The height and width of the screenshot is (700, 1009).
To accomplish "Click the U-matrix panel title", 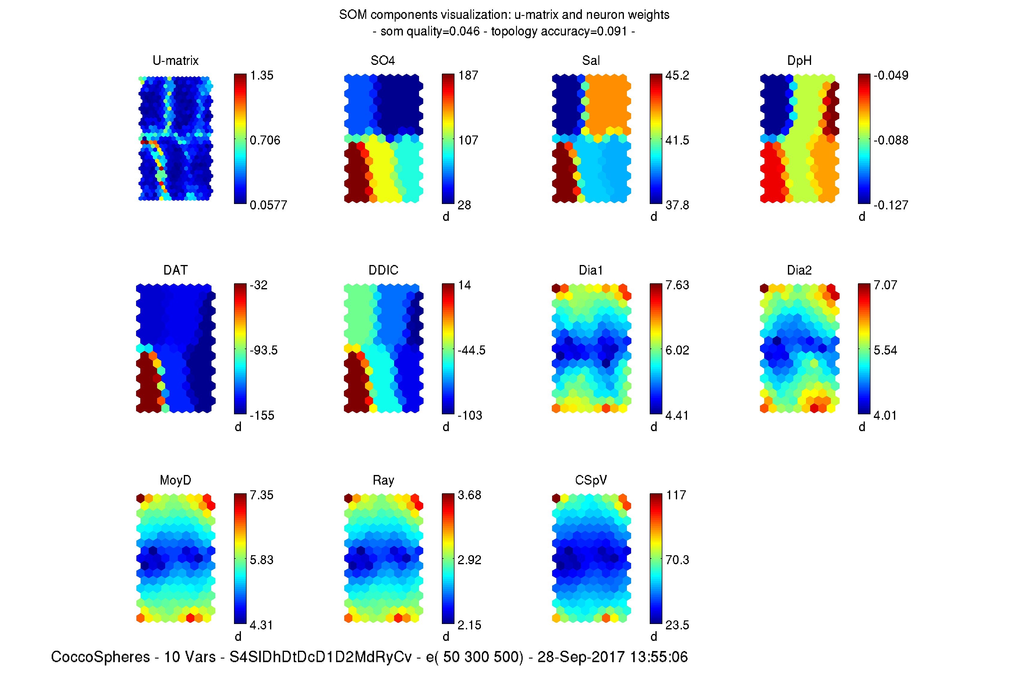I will (x=175, y=60).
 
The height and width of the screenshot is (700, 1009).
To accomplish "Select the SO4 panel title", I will (x=382, y=60).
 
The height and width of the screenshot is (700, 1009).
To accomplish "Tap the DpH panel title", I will (x=799, y=60).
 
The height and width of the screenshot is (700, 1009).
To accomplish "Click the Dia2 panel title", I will (x=799, y=270).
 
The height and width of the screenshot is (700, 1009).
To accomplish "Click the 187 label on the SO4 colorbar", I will (x=468, y=75).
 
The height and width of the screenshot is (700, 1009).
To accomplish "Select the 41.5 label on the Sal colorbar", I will (x=677, y=140).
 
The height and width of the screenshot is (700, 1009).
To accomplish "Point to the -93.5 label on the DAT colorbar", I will (x=263, y=350).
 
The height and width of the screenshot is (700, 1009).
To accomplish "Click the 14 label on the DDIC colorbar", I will (x=464, y=285).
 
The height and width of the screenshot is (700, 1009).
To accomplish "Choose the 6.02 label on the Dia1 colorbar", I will (x=677, y=350).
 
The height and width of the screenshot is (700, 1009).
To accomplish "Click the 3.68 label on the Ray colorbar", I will (x=469, y=495).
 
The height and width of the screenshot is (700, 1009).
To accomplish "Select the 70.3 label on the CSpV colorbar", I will (x=677, y=560).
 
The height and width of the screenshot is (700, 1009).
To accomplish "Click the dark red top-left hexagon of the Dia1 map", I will (x=556, y=288).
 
